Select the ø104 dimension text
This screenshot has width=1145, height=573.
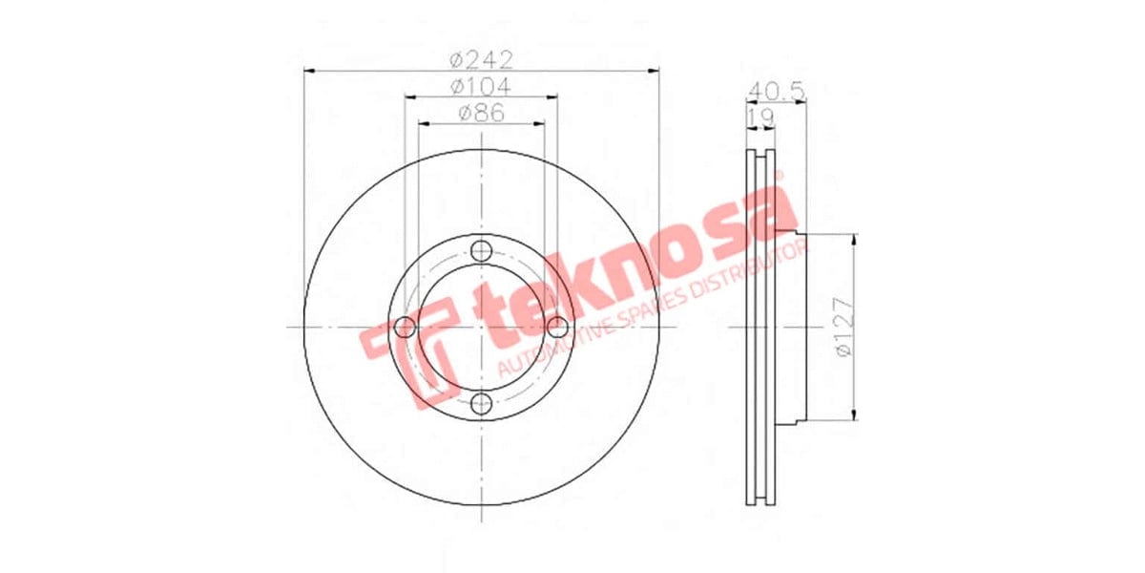click(x=482, y=86)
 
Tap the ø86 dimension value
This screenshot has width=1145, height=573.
click(x=482, y=113)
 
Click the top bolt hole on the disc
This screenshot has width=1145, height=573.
click(x=482, y=251)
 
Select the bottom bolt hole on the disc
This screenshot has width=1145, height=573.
click(x=482, y=403)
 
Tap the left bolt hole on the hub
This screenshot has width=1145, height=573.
click(x=406, y=328)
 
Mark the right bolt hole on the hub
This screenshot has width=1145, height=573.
click(x=557, y=328)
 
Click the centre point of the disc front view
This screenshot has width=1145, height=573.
click(x=482, y=328)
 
